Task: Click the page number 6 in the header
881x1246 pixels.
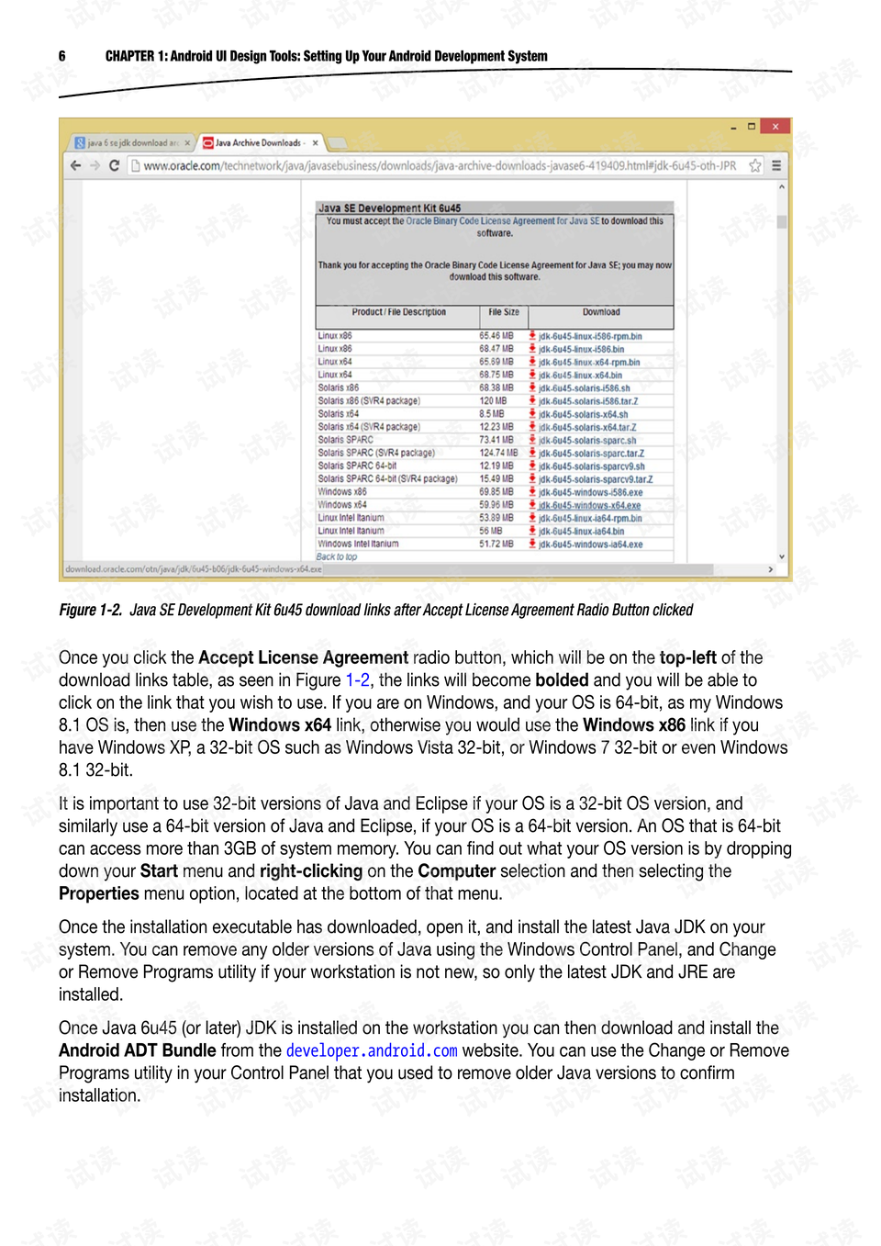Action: (x=62, y=56)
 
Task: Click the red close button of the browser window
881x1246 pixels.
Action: (x=775, y=127)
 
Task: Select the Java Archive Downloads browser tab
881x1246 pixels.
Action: (x=258, y=143)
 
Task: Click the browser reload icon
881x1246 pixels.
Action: (x=115, y=166)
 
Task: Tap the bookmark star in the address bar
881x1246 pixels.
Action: (x=755, y=166)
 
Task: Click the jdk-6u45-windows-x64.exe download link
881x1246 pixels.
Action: (x=589, y=505)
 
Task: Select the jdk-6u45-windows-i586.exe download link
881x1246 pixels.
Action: (x=590, y=492)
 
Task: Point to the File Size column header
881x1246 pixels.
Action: (x=504, y=312)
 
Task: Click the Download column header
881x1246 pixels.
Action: (x=601, y=312)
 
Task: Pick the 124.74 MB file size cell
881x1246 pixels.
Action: (x=498, y=453)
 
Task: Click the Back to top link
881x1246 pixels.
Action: (x=337, y=556)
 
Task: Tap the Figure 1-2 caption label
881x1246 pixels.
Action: (x=90, y=610)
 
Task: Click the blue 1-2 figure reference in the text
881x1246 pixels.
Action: (x=358, y=680)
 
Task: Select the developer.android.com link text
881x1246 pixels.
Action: (x=372, y=1050)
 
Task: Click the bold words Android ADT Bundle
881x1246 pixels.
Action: (x=138, y=1050)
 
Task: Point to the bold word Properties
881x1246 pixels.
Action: (x=99, y=893)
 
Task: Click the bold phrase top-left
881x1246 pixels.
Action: (x=687, y=657)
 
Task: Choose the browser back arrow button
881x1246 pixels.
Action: (x=75, y=166)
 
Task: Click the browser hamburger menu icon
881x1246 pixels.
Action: (x=776, y=166)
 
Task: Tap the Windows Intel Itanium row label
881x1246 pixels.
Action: (x=358, y=544)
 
